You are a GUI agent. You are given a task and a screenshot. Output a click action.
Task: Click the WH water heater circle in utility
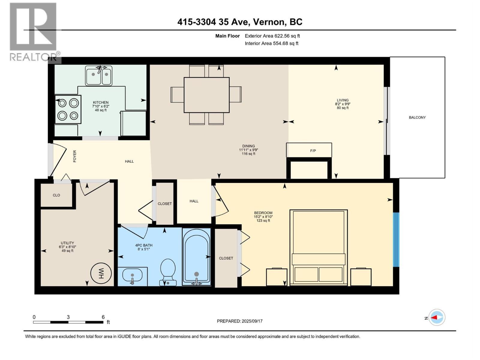(101, 273)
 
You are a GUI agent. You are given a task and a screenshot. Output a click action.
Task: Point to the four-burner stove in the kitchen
(68, 109)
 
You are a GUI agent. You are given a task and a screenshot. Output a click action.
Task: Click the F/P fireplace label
(313, 151)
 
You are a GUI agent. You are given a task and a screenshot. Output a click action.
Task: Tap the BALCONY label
(417, 117)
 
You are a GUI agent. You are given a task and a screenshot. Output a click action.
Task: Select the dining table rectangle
(206, 95)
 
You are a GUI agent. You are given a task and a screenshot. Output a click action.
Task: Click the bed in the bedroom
(318, 247)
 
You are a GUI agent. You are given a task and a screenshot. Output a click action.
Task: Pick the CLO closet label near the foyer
(56, 195)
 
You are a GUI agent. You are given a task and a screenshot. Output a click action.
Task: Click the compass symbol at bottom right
(437, 317)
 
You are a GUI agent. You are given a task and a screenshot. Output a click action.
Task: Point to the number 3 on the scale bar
(68, 317)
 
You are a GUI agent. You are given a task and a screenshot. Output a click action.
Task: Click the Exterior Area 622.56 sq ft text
(272, 36)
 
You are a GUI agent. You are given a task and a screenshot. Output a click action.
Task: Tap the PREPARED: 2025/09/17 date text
(240, 321)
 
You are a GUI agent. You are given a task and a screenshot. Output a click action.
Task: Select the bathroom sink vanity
(132, 276)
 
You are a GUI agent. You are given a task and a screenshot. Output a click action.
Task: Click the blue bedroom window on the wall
(396, 239)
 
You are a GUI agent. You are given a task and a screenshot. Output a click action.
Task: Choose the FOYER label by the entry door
(75, 156)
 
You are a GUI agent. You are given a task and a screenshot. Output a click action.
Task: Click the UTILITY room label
(67, 243)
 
